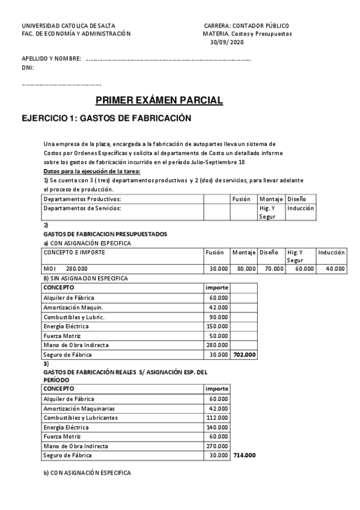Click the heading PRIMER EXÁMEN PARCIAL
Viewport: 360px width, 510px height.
coord(159,100)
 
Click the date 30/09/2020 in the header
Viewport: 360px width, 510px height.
coord(227,42)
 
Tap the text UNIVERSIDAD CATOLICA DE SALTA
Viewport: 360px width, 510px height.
coord(69,26)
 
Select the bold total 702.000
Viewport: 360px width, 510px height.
coord(245,355)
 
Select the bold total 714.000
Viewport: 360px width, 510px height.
coord(244,456)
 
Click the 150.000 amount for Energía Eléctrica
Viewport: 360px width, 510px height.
coord(218,326)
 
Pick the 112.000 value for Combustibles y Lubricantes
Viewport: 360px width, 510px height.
coord(218,417)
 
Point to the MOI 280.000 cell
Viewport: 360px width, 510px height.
coord(66,268)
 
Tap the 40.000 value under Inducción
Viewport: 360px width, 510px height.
coord(335,268)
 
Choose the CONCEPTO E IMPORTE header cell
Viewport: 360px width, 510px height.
coord(75,253)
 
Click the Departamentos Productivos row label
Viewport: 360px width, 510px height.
coord(83,198)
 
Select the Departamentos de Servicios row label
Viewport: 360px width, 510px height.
coord(82,208)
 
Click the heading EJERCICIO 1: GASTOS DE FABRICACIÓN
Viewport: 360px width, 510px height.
coord(106,118)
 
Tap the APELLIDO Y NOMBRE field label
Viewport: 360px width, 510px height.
coord(51,59)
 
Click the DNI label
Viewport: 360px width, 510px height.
coord(28,68)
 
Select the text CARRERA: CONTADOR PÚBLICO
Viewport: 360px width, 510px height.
coord(246,26)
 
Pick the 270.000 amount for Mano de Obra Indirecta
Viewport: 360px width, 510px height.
coord(218,446)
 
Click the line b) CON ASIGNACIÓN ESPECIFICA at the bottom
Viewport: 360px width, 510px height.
coord(87,473)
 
